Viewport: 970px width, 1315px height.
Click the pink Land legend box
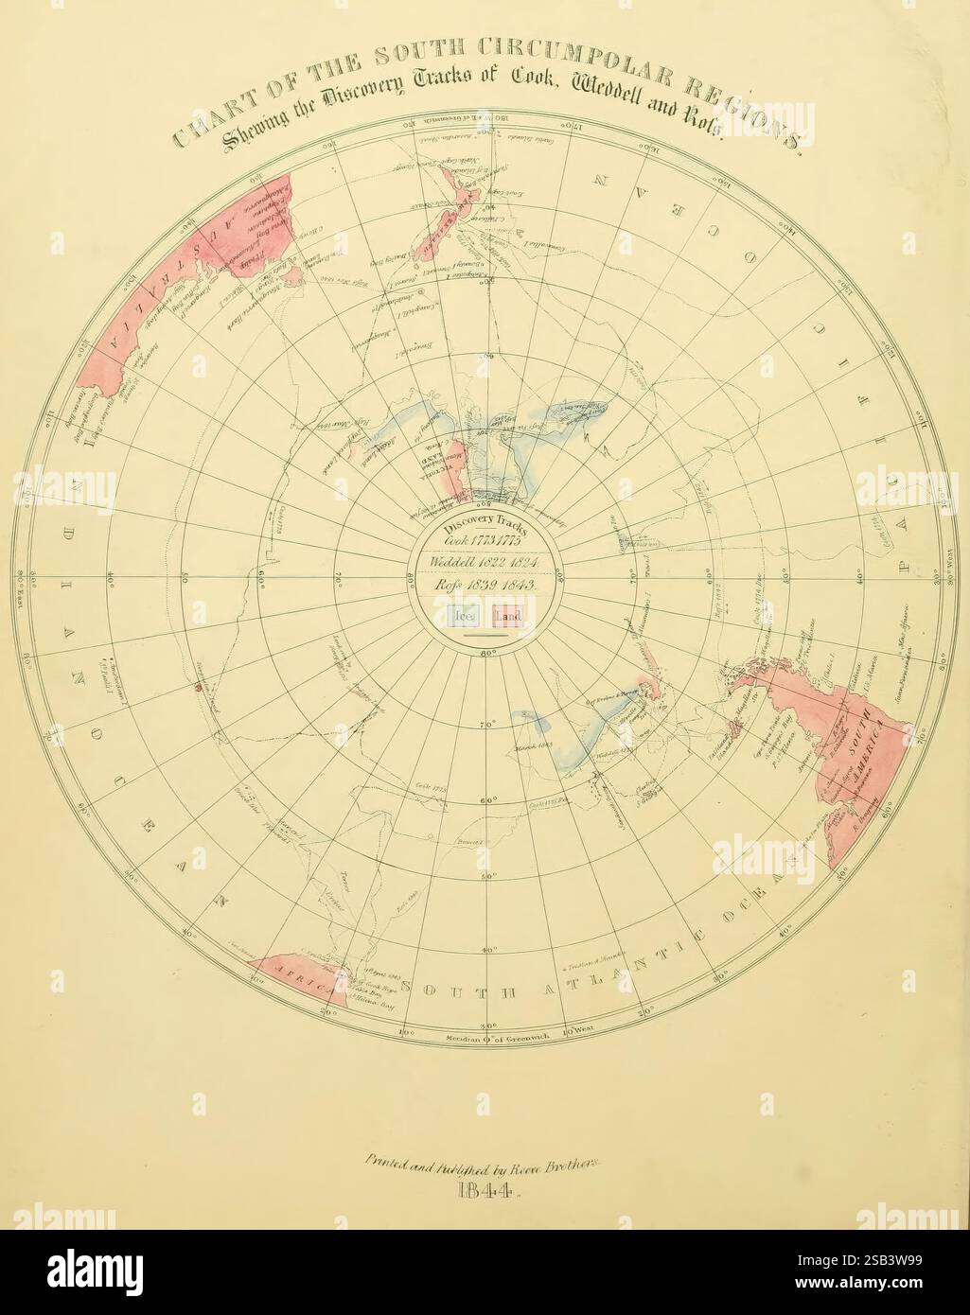click(509, 618)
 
